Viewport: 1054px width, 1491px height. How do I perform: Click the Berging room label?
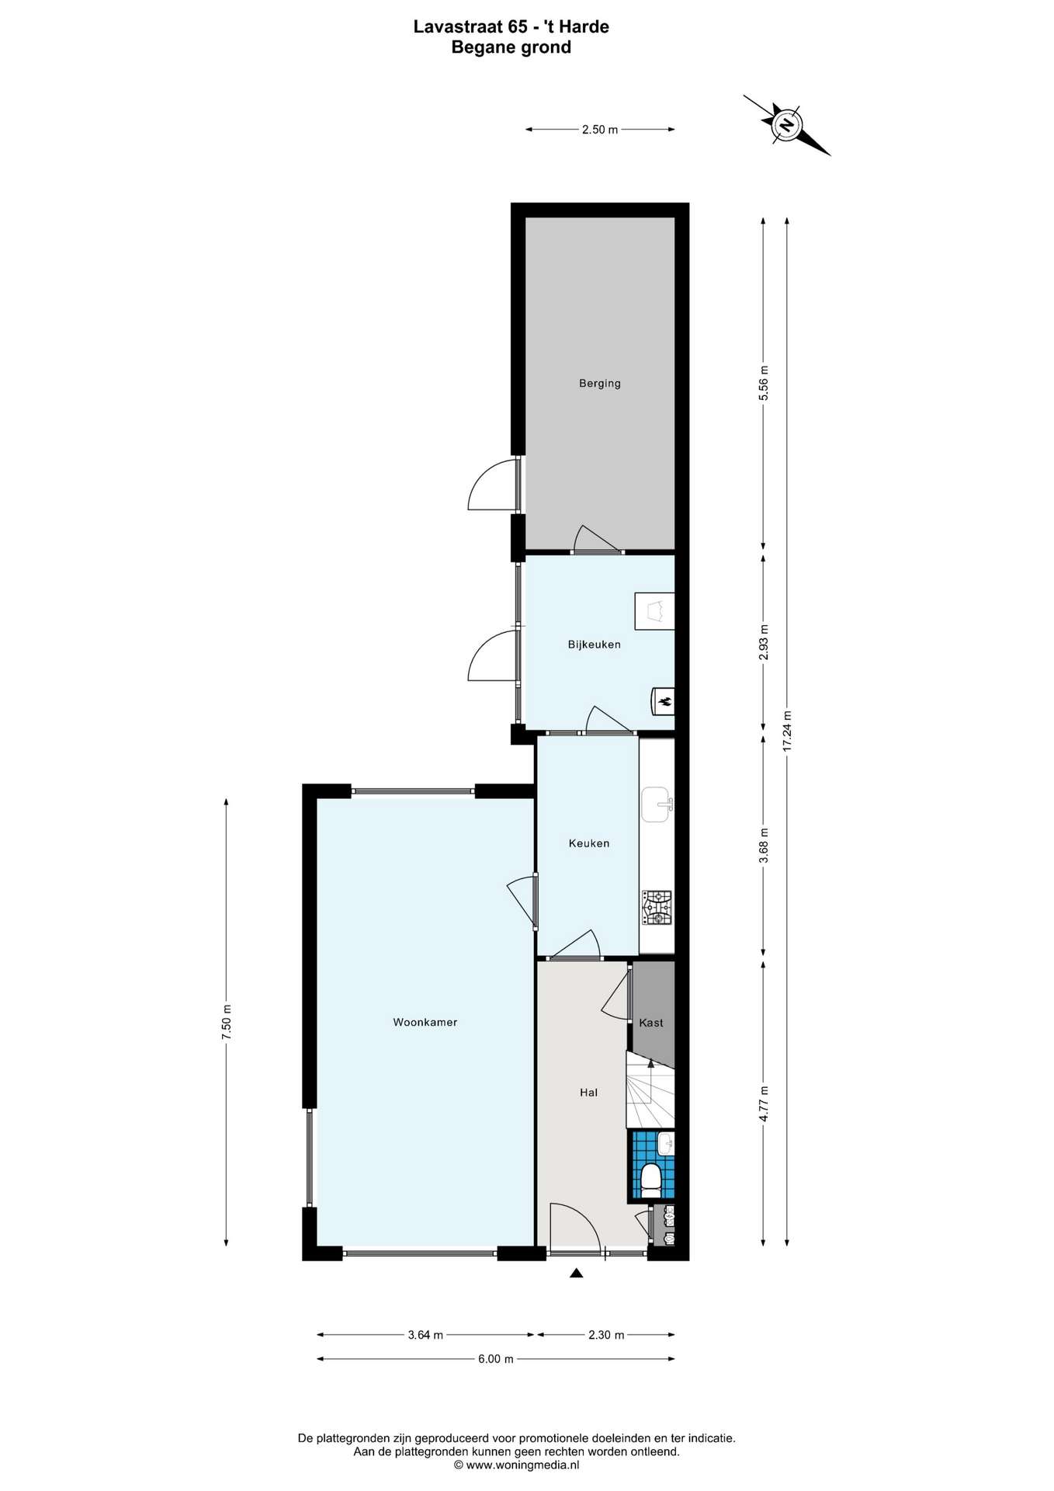coord(599,383)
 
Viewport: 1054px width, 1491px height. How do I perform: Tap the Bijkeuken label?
coord(594,645)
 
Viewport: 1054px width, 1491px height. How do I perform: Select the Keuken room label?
coord(588,843)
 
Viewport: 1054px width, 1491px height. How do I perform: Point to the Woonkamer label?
coord(425,1022)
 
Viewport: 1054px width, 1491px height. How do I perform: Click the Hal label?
coord(588,1092)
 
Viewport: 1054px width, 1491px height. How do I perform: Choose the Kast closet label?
coord(650,1023)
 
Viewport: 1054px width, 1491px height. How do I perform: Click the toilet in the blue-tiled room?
coord(650,1179)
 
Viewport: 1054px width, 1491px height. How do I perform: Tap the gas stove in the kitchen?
coord(657,908)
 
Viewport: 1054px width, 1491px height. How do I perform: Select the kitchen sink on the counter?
coord(657,805)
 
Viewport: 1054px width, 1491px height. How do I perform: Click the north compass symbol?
coord(787,125)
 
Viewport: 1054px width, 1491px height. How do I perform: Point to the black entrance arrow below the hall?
coord(576,1272)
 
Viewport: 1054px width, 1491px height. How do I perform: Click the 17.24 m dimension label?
coord(787,731)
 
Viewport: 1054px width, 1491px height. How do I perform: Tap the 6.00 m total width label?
coord(495,1358)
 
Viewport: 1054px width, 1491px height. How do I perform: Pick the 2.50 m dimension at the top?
coord(600,130)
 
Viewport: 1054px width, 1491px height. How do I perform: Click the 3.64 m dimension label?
coord(425,1335)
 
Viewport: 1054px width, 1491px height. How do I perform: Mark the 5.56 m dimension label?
coord(763,383)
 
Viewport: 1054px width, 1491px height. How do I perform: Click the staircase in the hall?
coord(650,1089)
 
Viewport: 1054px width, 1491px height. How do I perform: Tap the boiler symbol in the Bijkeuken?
coord(663,701)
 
